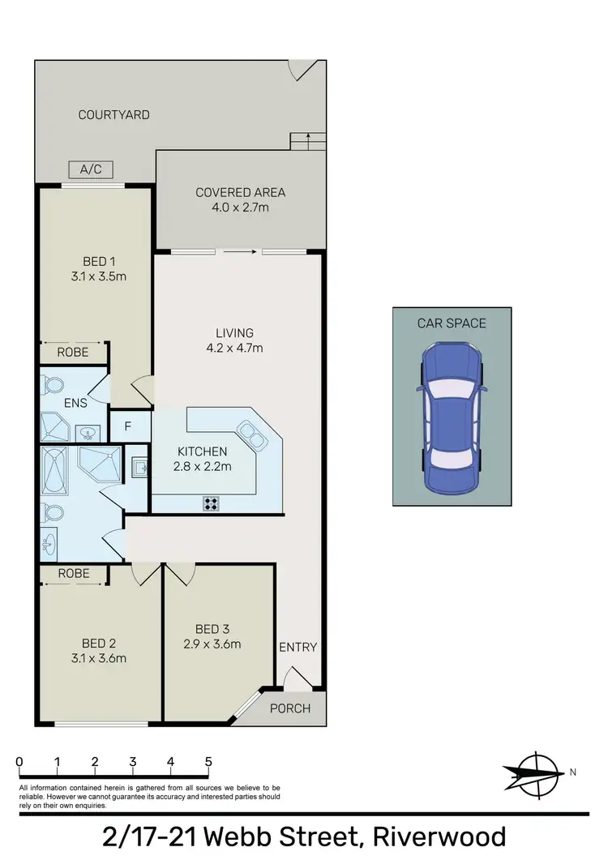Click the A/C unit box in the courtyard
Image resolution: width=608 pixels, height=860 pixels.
[x=90, y=169]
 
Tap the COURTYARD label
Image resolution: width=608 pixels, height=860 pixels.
[x=113, y=115]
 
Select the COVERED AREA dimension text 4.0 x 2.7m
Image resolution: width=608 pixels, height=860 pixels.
[x=240, y=208]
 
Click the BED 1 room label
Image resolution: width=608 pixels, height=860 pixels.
[x=100, y=261]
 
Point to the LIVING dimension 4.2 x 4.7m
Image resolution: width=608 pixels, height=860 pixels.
[x=234, y=349]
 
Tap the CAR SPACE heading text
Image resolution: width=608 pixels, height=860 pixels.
[x=452, y=323]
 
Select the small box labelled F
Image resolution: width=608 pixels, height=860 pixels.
[x=127, y=426]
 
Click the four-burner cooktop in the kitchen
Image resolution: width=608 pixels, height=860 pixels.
[x=211, y=503]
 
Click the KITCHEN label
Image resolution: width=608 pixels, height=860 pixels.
[x=203, y=451]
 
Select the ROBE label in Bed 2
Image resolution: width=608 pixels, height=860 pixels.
[x=74, y=574]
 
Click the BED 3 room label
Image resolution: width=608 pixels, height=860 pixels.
[x=213, y=629]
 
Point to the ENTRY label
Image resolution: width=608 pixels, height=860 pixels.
[x=298, y=647]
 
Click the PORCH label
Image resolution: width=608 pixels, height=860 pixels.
[x=289, y=708]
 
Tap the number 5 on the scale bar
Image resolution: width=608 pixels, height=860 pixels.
[x=208, y=762]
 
